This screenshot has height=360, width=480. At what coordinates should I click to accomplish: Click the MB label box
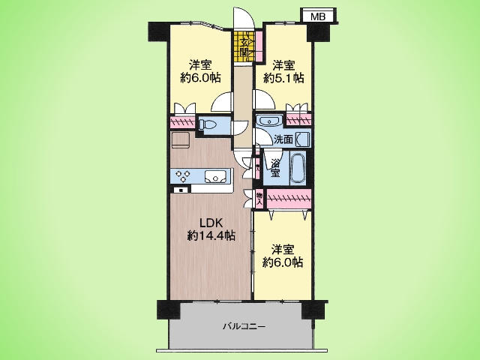point(318,16)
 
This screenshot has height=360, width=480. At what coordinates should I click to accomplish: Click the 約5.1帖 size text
point(283,79)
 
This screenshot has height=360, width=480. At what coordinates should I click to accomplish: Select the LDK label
point(212,223)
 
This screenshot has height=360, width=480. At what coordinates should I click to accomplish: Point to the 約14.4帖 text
point(211,235)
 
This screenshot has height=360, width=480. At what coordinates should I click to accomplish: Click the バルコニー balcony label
point(244,327)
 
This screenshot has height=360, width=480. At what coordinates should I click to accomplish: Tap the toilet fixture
point(208,124)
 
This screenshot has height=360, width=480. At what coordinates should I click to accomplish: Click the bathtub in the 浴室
point(297,168)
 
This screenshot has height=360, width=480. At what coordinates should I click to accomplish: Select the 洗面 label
point(283,139)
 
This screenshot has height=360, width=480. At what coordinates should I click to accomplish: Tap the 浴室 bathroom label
point(275,168)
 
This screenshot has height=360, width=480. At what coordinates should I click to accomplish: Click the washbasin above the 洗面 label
point(269,120)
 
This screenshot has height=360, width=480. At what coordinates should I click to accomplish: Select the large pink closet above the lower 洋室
point(289,199)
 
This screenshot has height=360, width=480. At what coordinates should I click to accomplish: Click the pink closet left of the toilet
point(182,122)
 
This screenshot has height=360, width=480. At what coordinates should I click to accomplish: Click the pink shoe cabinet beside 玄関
point(259,45)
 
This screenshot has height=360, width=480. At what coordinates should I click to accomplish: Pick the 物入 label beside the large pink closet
point(259,199)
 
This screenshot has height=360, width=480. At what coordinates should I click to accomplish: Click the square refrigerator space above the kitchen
point(181,140)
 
